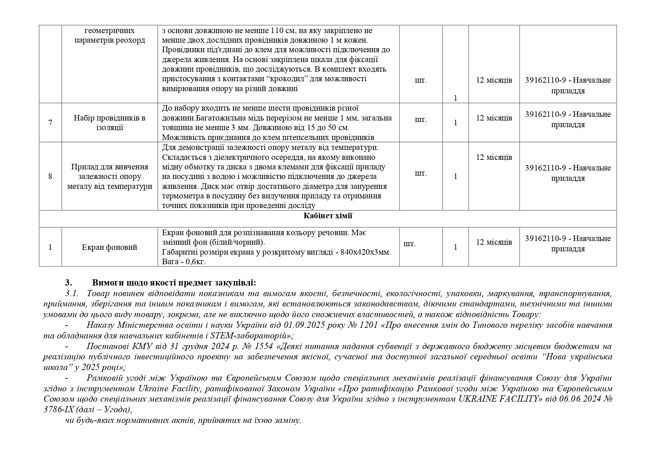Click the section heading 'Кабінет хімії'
tap(327, 216)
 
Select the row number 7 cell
tap(50, 122)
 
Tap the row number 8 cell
tap(50, 176)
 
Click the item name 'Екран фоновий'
tap(110, 247)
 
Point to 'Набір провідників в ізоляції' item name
tap(110, 123)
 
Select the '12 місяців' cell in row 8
tap(494, 157)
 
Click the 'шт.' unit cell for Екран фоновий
tap(409, 244)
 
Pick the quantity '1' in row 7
tap(455, 123)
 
